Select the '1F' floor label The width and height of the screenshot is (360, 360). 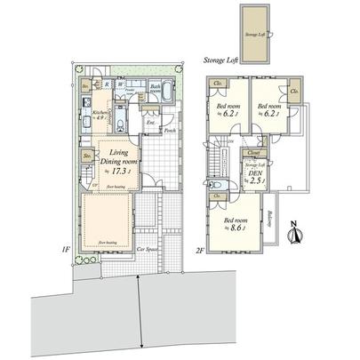click(x=67, y=250)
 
